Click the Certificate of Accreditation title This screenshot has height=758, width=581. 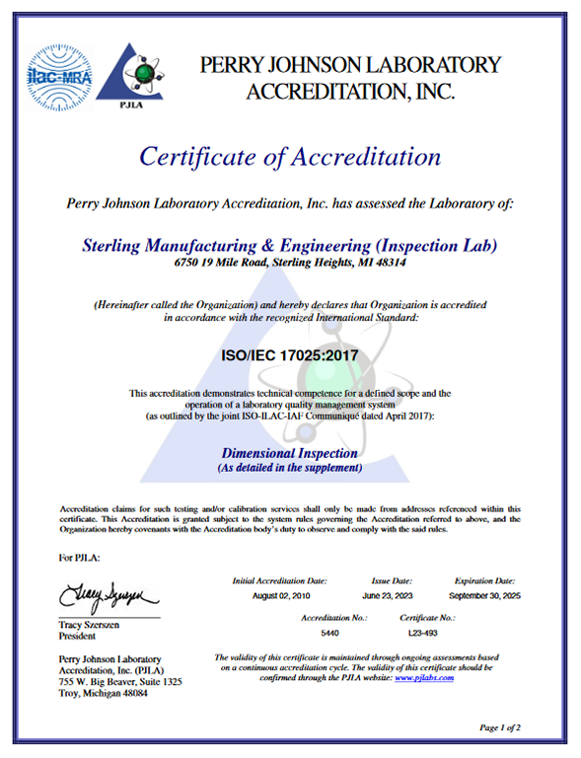(x=289, y=156)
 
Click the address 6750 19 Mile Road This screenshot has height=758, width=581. (x=290, y=263)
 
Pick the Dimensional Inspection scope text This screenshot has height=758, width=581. (x=290, y=451)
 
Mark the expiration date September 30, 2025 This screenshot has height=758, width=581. (x=483, y=597)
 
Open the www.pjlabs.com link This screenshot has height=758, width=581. (x=423, y=678)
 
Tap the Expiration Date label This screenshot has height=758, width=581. (x=483, y=581)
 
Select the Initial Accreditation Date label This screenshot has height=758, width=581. (x=279, y=581)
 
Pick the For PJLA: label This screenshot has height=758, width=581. (x=82, y=558)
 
